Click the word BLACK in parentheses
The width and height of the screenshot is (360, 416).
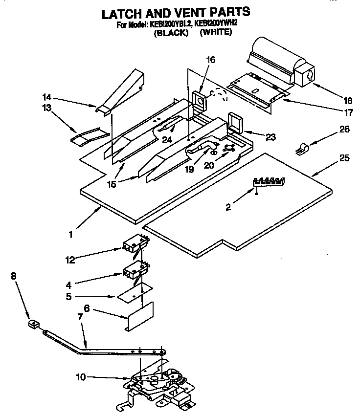click(171, 33)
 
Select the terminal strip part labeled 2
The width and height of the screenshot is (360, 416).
click(268, 182)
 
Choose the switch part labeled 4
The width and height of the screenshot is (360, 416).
click(135, 269)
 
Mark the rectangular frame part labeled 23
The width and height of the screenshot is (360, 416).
click(235, 123)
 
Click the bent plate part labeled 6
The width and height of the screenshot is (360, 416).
click(139, 317)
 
